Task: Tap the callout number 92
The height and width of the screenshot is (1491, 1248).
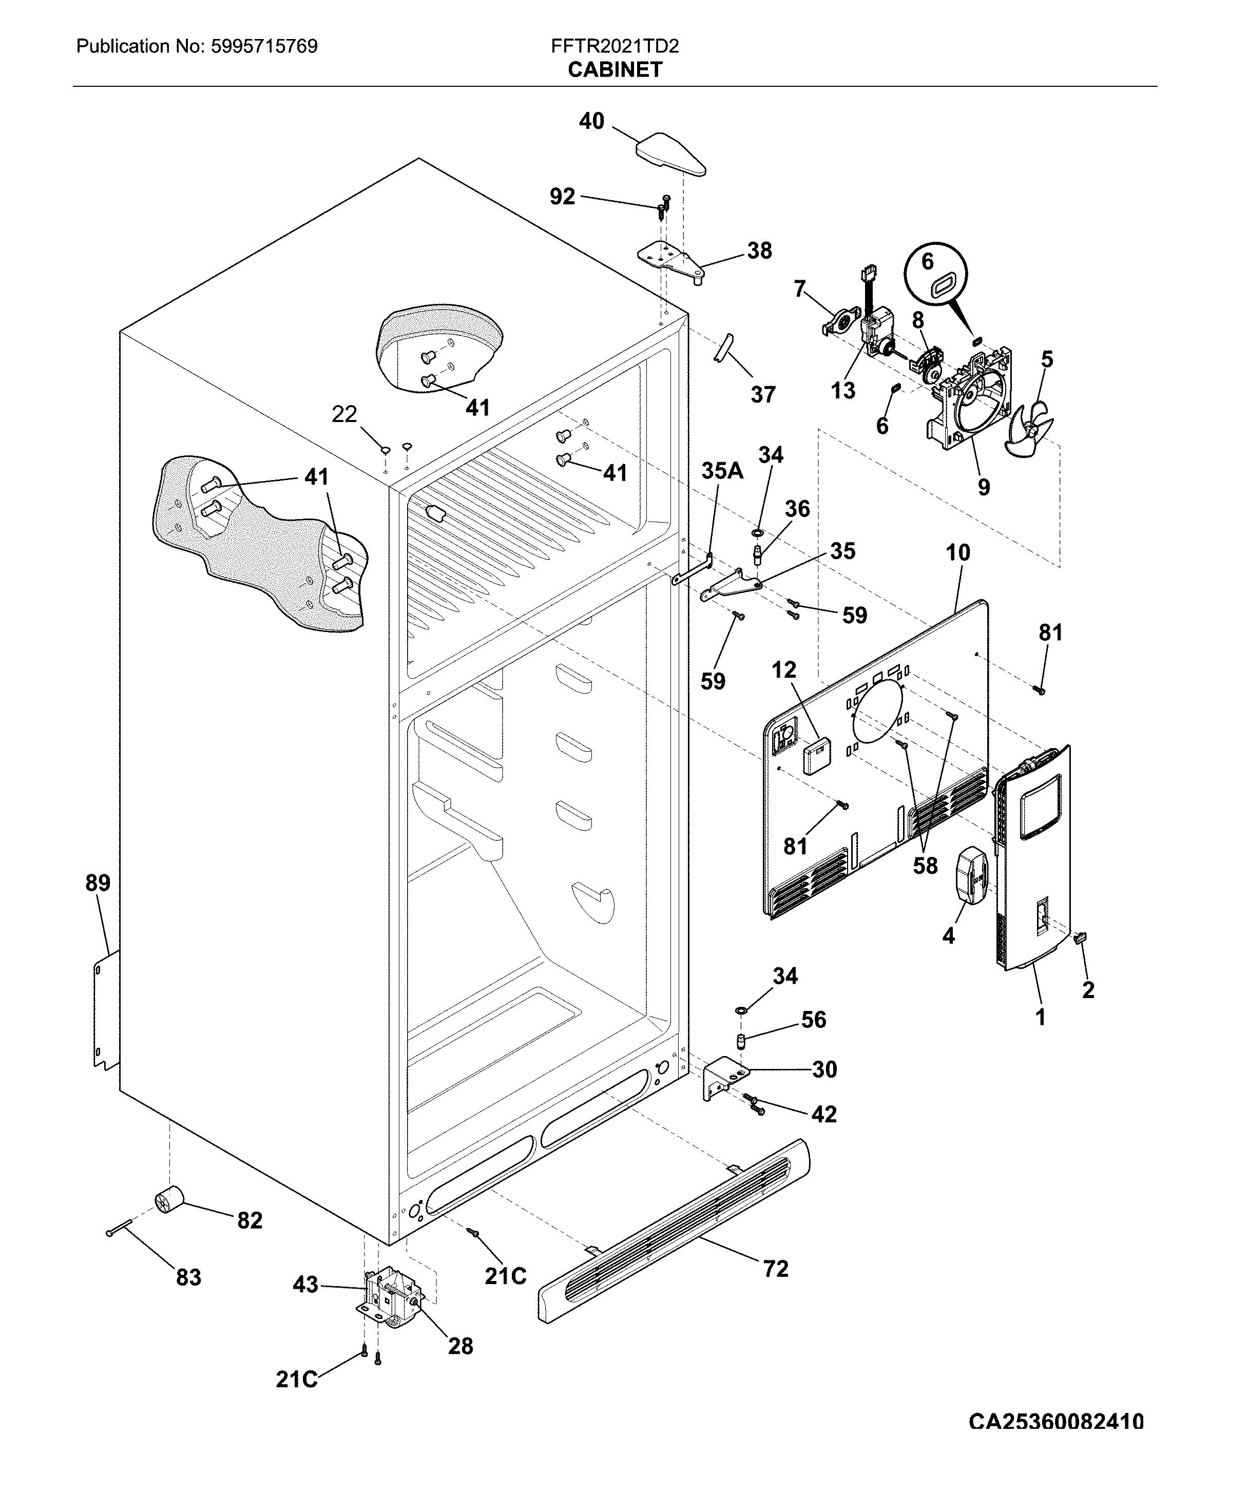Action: (x=562, y=197)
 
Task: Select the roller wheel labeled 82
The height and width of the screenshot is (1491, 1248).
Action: (x=169, y=1200)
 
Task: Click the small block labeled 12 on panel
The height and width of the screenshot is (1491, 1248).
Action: (x=816, y=755)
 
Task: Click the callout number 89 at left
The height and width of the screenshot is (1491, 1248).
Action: (x=98, y=883)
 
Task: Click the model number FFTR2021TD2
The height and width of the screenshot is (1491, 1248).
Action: (x=615, y=47)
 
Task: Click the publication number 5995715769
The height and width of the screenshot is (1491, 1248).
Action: (x=263, y=47)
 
